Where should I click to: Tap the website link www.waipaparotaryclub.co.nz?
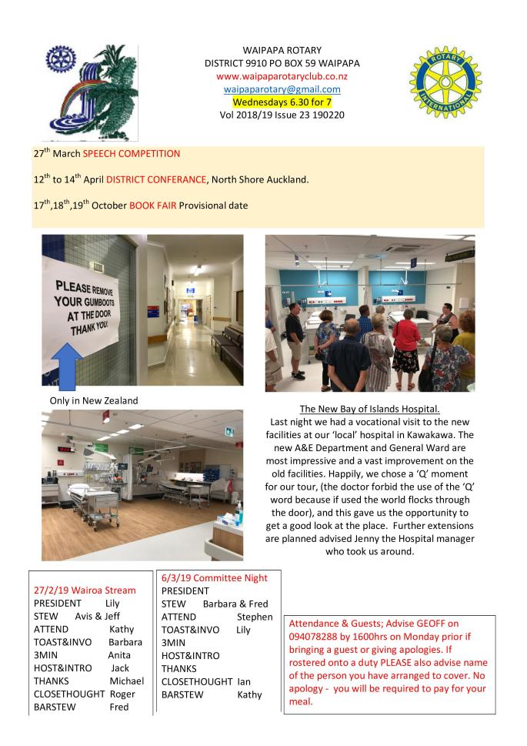click(282, 76)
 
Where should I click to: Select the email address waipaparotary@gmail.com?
click(282, 89)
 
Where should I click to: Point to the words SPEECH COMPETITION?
click(131, 154)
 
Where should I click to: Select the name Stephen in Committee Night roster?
click(255, 617)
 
